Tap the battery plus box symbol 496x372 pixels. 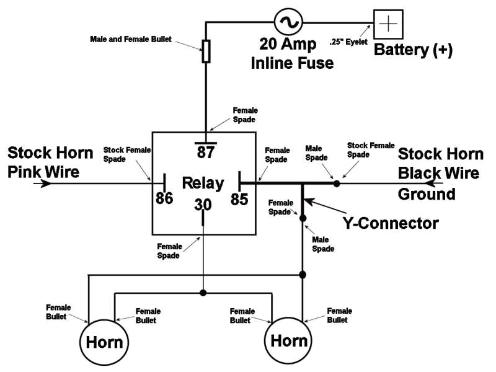click(x=387, y=25)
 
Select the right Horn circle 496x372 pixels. click(x=290, y=340)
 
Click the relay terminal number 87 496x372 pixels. click(x=205, y=152)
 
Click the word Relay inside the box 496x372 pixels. click(x=202, y=184)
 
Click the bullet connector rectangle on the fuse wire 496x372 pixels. click(x=206, y=51)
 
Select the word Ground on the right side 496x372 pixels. click(x=427, y=194)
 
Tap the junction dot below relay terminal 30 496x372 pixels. click(x=203, y=292)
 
